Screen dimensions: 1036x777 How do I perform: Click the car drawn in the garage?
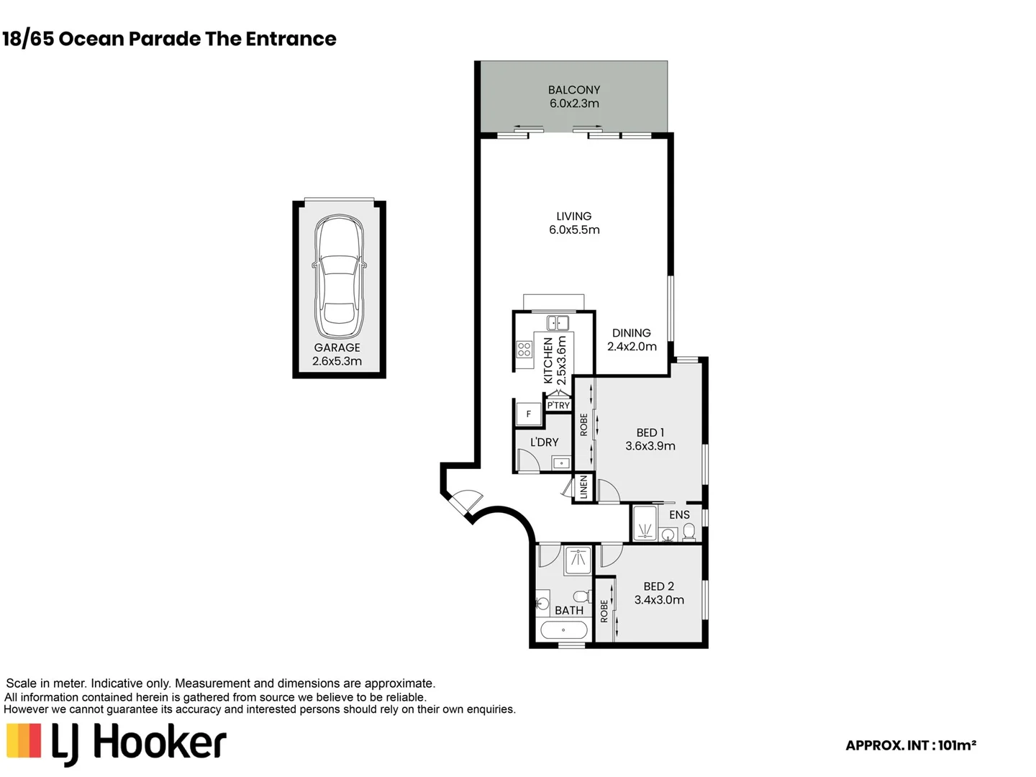click(x=339, y=276)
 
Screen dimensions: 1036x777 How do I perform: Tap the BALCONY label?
click(x=574, y=90)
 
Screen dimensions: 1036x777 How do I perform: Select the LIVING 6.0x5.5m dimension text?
click(x=574, y=230)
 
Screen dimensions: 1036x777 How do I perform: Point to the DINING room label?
click(x=632, y=332)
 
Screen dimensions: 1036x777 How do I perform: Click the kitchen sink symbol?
click(x=558, y=323)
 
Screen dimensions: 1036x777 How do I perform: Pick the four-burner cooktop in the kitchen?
click(x=524, y=350)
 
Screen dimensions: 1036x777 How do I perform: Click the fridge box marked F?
click(x=529, y=414)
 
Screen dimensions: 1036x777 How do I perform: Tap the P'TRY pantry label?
click(x=558, y=405)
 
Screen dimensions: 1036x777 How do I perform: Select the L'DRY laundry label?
click(x=544, y=442)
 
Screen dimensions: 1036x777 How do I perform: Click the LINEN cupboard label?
click(x=584, y=487)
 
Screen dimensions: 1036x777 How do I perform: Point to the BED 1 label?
click(x=650, y=432)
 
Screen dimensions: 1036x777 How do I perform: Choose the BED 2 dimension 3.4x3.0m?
click(x=659, y=599)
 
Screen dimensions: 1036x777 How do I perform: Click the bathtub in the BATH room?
click(x=564, y=630)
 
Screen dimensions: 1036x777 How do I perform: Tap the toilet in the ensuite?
click(x=689, y=532)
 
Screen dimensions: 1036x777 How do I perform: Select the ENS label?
click(x=679, y=514)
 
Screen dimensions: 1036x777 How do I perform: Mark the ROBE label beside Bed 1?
click(x=584, y=424)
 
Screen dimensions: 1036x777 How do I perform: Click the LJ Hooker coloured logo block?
click(x=24, y=741)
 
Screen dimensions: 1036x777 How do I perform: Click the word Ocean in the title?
click(x=91, y=39)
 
